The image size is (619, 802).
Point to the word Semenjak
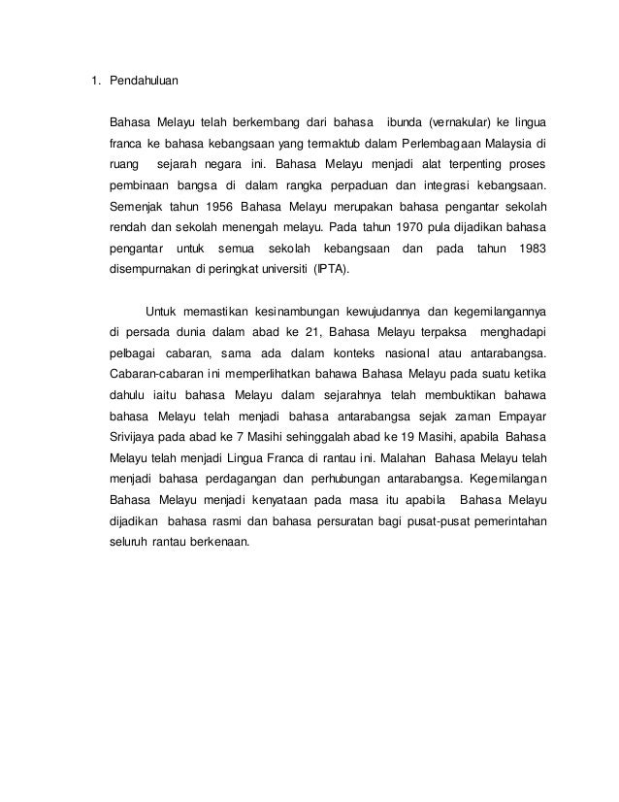pos(137,207)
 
